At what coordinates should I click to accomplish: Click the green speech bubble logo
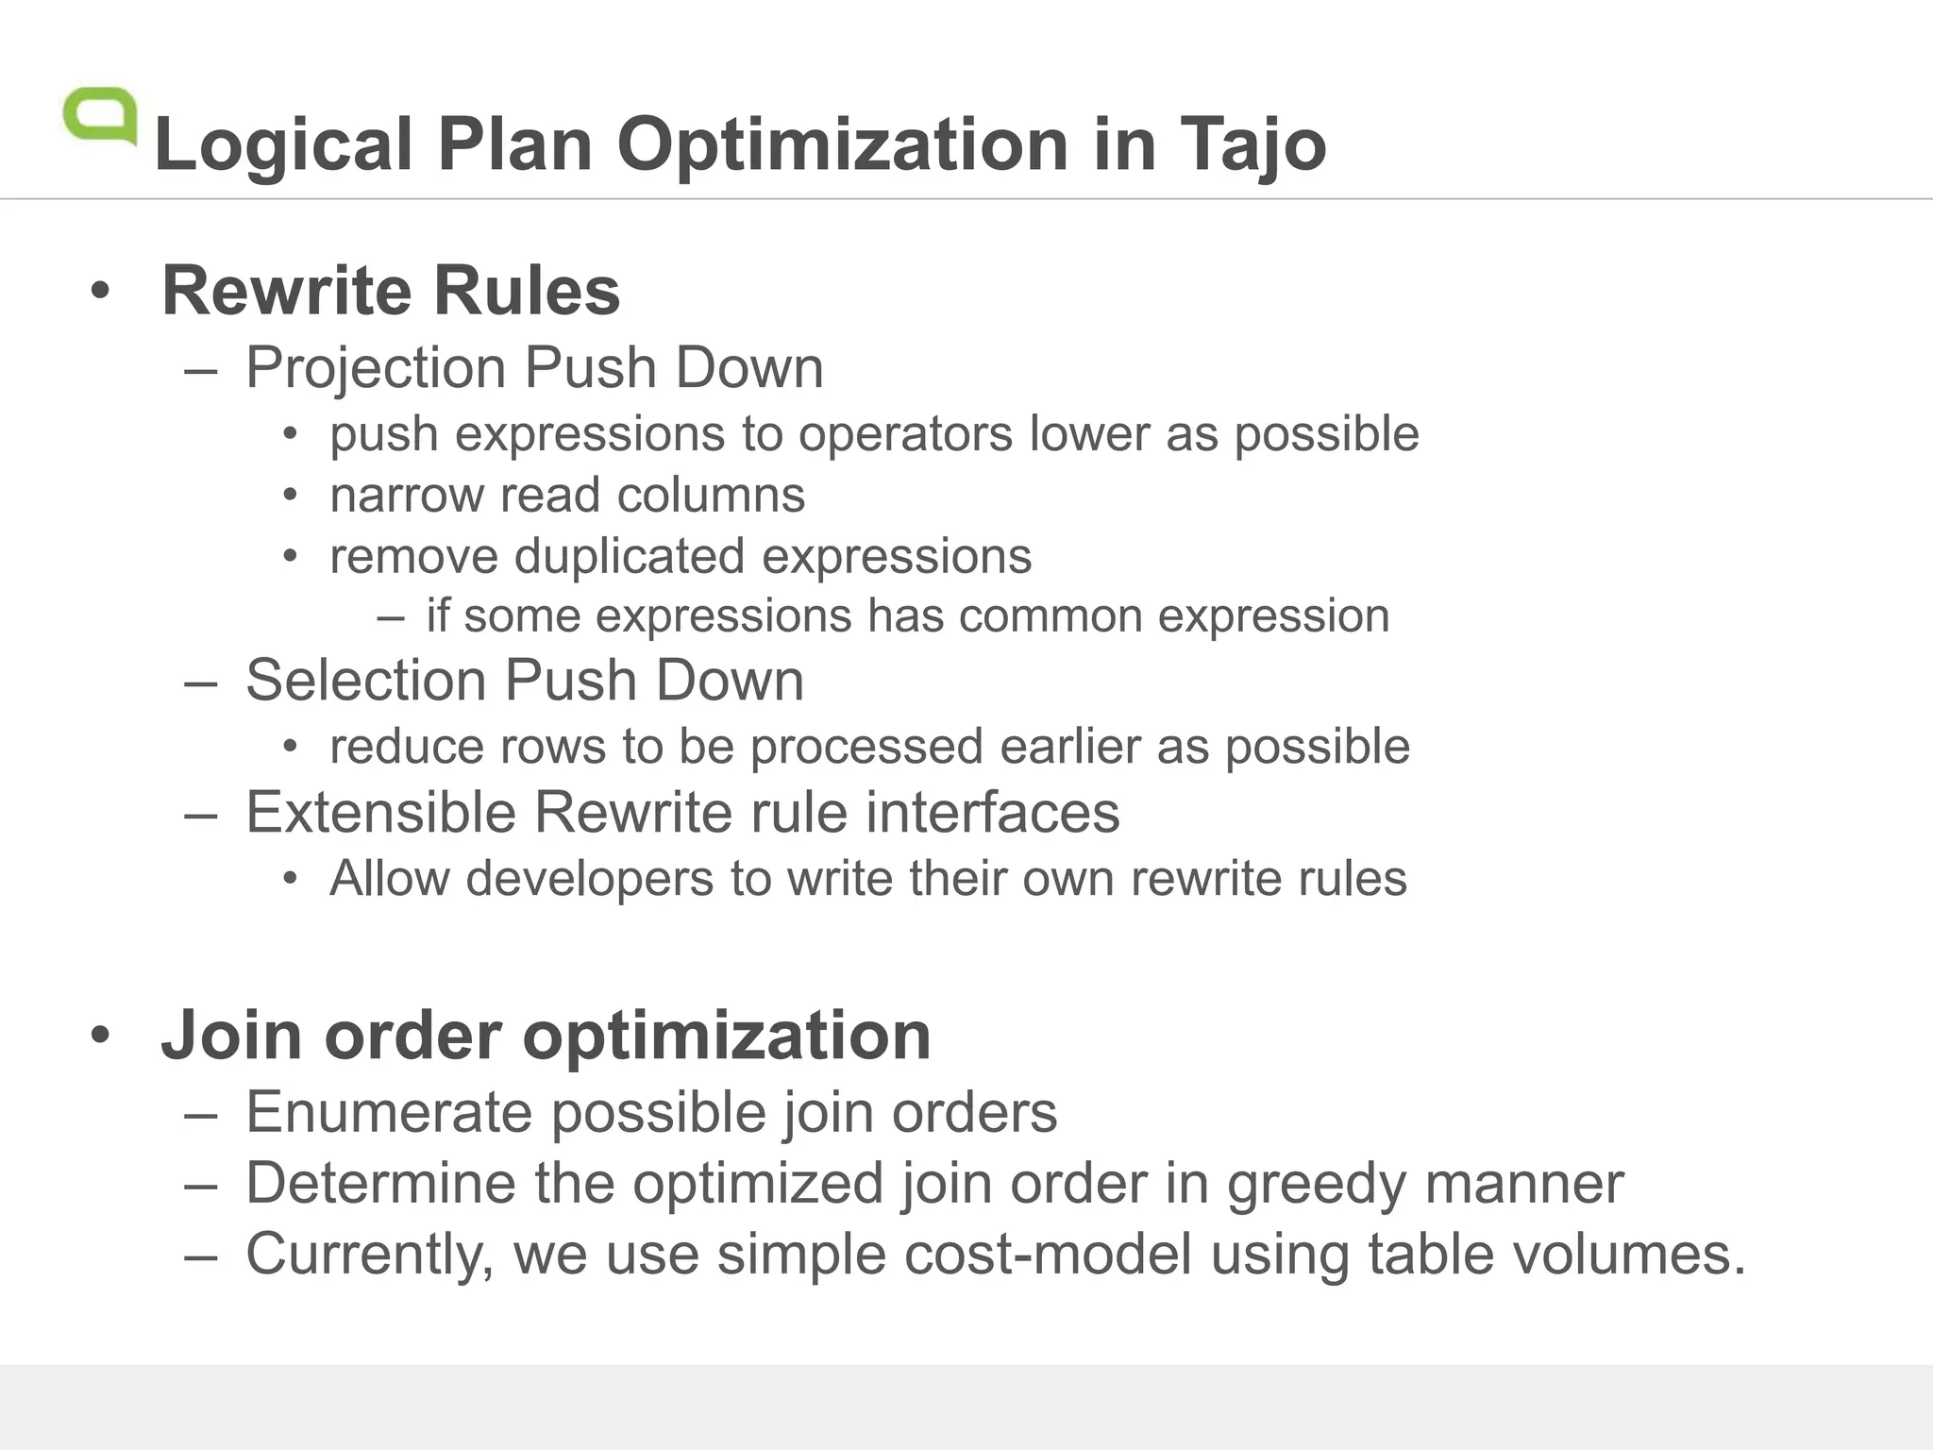coord(100,116)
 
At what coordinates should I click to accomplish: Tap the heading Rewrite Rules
coord(391,290)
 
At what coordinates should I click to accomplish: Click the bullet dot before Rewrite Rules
coord(100,291)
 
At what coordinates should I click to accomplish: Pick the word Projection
coord(376,367)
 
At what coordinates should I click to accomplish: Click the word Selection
coord(365,680)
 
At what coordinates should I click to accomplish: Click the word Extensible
coord(380,812)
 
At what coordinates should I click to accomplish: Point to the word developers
coord(590,878)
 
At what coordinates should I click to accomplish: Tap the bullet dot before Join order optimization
coord(100,1036)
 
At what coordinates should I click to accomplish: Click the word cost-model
coord(1048,1254)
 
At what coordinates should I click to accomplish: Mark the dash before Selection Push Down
coord(201,682)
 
